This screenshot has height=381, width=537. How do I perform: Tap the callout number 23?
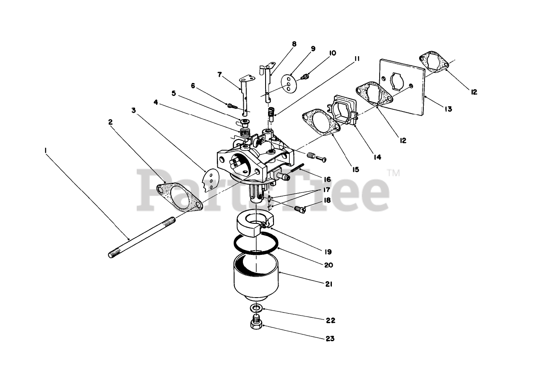tap(330, 339)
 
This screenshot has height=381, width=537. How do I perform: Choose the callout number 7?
tap(219, 75)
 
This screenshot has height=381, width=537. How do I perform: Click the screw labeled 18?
tap(300, 208)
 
